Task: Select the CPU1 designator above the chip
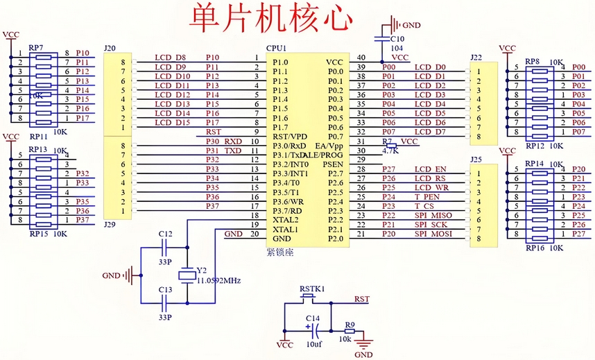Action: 277,49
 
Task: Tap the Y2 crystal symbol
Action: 186,275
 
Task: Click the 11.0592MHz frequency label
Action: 219,280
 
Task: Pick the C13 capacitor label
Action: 165,290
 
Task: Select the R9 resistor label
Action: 350,324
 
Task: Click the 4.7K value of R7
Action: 391,149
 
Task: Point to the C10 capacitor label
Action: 397,40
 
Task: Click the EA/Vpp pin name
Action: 329,146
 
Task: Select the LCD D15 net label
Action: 173,123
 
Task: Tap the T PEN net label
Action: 427,197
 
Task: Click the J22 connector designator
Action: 476,57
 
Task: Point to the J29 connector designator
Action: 109,224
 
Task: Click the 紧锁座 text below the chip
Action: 280,252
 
